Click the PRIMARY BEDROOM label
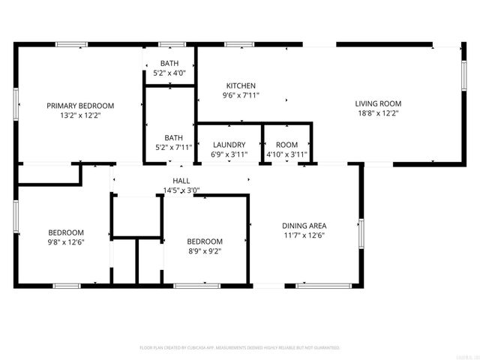click(80, 106)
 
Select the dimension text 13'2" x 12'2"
click(80, 115)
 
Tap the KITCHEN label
click(240, 86)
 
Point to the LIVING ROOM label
click(378, 104)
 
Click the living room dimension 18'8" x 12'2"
click(378, 114)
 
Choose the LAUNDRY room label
click(229, 145)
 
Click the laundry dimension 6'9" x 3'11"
click(229, 154)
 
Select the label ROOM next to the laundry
click(286, 145)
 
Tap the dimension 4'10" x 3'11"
click(286, 154)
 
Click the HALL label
click(181, 181)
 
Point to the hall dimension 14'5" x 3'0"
click(181, 190)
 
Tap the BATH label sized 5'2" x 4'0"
click(169, 64)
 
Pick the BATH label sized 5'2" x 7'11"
click(174, 137)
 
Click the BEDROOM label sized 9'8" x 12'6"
click(66, 232)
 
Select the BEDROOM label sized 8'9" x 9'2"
click(205, 241)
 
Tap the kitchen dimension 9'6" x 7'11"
click(240, 96)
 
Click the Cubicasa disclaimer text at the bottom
click(240, 348)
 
